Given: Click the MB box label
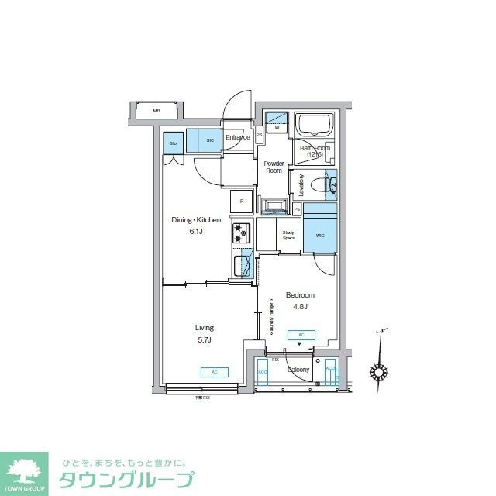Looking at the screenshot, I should [156, 111].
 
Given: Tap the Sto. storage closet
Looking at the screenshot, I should [174, 143].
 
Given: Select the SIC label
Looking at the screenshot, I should [210, 140].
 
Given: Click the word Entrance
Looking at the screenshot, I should [237, 138].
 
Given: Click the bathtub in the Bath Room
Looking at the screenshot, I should [315, 126].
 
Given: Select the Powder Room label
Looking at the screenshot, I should [274, 167].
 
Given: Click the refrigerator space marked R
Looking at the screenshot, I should [242, 201].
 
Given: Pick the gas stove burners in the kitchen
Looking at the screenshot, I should [239, 232].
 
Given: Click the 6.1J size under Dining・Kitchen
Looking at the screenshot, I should [196, 231].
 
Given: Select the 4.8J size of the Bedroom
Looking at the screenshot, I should [299, 307].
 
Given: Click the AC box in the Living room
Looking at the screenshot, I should [214, 372].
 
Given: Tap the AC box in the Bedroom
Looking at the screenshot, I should [300, 336].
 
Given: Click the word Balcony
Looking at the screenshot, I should [298, 370].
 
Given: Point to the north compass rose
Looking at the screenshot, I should [379, 371].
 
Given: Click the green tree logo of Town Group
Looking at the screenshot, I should [26, 472].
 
